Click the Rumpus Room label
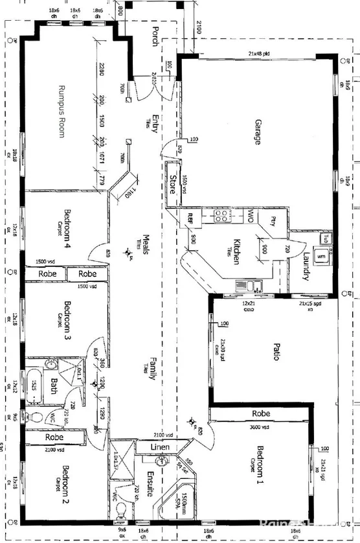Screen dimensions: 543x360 tap(63, 111)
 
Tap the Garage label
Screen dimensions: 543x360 tap(257, 132)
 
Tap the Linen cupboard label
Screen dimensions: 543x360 tap(161, 448)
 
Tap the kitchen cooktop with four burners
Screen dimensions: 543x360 tap(221, 217)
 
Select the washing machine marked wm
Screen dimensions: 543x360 tap(321, 257)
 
